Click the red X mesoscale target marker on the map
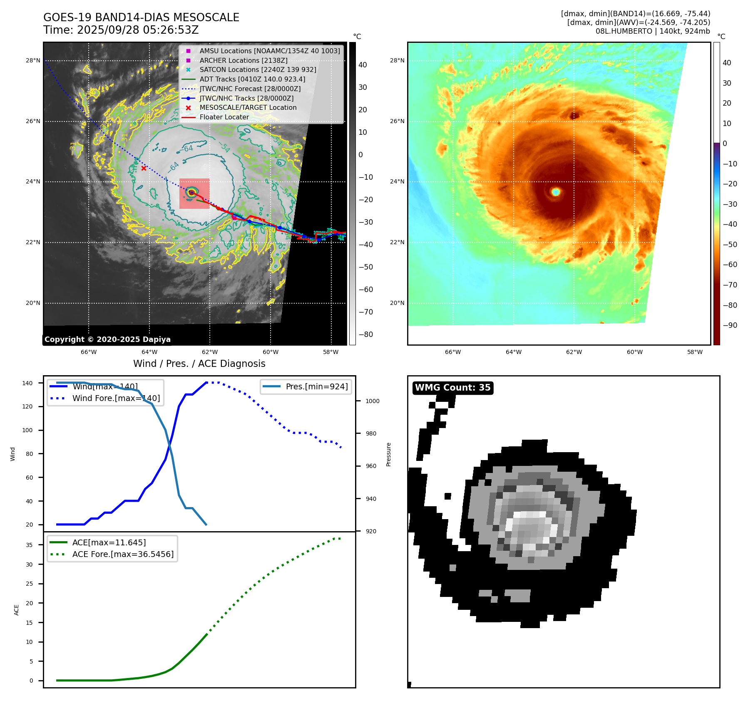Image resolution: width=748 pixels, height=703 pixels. click(x=144, y=168)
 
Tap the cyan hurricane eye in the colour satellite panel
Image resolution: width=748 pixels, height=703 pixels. click(x=556, y=192)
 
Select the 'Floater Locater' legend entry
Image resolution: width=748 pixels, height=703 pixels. click(x=224, y=117)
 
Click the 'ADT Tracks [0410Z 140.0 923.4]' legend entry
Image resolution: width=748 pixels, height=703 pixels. click(x=252, y=79)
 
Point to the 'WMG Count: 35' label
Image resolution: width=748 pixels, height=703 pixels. click(x=452, y=388)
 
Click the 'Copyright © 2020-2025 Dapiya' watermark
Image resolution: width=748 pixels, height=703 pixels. click(x=107, y=339)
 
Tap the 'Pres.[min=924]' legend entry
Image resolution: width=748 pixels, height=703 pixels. click(x=316, y=386)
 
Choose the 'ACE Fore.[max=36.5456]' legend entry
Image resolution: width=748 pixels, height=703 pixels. click(x=123, y=554)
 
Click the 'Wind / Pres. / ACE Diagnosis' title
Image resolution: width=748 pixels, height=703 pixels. click(x=199, y=364)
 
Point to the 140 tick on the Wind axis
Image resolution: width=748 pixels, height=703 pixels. click(x=27, y=383)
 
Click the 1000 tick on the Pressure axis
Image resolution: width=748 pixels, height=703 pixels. click(x=372, y=401)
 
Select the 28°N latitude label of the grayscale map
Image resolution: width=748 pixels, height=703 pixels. click(x=33, y=61)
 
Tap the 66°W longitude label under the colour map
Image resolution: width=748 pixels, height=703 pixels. click(x=453, y=352)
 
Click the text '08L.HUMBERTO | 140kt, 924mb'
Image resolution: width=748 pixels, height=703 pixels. click(x=652, y=31)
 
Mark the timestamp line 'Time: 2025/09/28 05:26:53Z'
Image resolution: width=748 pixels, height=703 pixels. click(x=121, y=30)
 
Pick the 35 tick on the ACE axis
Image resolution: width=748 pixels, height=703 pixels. click(x=29, y=545)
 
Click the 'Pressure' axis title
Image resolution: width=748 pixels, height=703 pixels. click(x=388, y=454)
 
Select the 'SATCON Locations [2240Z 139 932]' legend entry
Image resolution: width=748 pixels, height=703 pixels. click(x=258, y=70)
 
